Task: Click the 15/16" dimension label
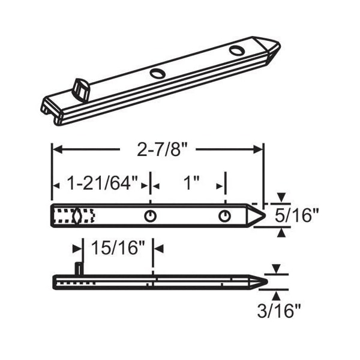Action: (x=118, y=247)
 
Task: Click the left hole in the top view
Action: (x=150, y=216)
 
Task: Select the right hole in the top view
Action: (x=224, y=216)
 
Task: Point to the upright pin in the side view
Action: (x=79, y=268)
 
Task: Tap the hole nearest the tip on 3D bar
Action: (x=236, y=50)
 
